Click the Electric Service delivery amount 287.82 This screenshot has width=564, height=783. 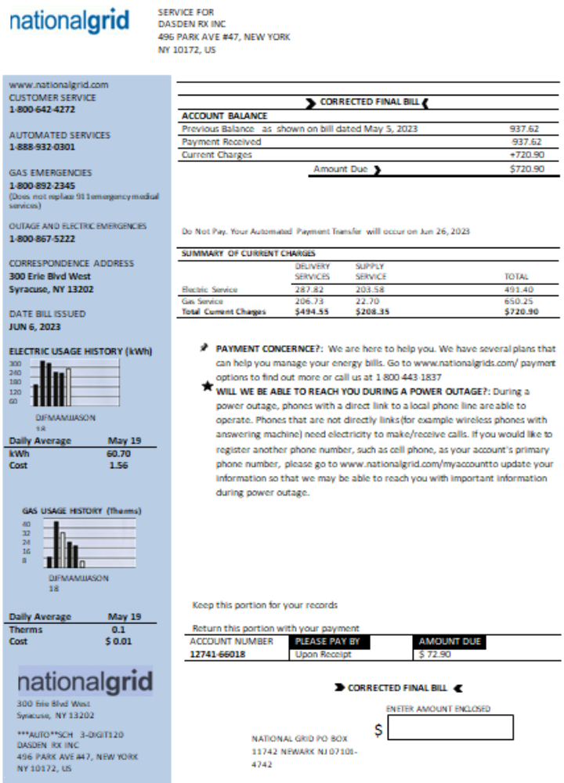pos(309,290)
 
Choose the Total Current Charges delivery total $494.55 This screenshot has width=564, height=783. pos(311,312)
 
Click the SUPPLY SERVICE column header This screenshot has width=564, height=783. pos(371,271)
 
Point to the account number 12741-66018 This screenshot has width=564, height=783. pos(217,655)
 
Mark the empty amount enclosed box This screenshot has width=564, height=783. pos(450,728)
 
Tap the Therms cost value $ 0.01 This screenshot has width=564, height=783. pos(118,641)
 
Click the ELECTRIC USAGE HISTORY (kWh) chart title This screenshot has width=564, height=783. pos(81,351)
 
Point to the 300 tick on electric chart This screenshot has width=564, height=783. pos(15,363)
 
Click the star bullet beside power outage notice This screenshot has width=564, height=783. pos(206,386)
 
